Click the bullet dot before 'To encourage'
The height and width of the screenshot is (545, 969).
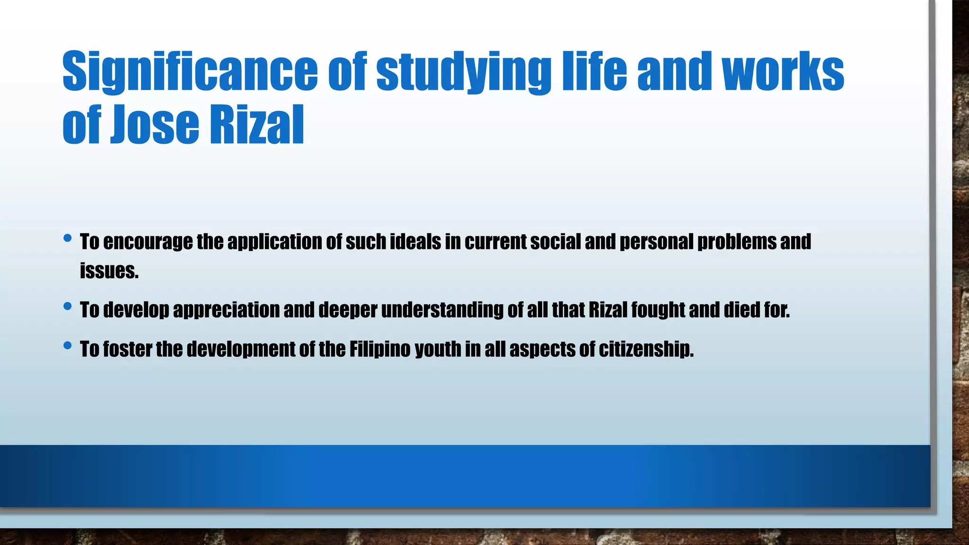point(68,238)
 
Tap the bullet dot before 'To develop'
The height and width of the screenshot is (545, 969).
point(68,307)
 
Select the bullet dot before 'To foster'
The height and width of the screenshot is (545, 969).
point(68,346)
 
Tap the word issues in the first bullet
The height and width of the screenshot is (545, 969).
point(109,271)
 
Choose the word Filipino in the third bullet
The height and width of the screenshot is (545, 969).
point(380,350)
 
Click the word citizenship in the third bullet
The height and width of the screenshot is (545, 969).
point(646,350)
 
